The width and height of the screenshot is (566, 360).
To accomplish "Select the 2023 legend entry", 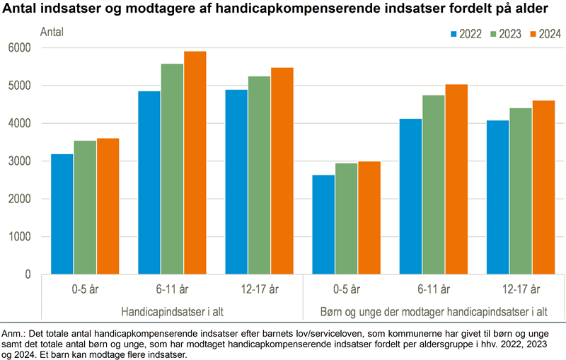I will [x=502, y=33].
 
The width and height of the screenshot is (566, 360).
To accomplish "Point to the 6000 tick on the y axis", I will [x=28, y=48].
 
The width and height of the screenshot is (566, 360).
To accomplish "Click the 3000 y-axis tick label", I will [x=28, y=161].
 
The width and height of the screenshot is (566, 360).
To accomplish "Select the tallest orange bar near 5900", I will [x=195, y=163].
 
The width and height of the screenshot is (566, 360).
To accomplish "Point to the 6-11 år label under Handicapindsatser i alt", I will [x=173, y=289].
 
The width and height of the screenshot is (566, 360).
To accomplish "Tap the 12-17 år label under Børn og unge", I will [x=521, y=289].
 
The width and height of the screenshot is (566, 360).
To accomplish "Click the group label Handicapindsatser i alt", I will [x=173, y=310].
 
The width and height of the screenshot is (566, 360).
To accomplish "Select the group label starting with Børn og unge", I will [x=434, y=310].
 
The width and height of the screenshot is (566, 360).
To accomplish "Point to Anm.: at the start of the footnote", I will [x=14, y=333].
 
